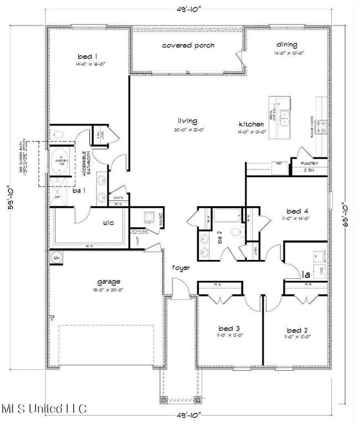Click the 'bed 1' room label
coord(88,57)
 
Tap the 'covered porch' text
coord(188,45)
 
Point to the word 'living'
coord(187,121)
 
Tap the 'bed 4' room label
coord(297,211)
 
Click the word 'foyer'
coord(181,268)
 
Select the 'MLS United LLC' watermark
coord(44,409)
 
